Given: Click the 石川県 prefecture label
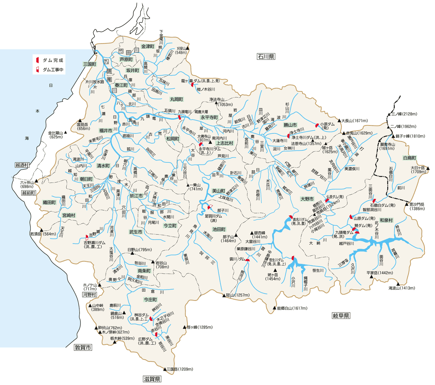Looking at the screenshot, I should coord(266,57).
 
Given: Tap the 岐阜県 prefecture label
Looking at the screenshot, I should coord(341,316).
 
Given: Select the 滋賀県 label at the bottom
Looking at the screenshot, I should coord(152,379).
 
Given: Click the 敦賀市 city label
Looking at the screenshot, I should coord(83,348).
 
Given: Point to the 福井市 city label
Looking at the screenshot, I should coord(105,131).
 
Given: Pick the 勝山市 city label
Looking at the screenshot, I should coord(290,125).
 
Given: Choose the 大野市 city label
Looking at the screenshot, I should coord(307,199).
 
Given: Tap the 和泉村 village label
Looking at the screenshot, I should coord(386,220).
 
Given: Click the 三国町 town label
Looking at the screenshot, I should coord(89,64).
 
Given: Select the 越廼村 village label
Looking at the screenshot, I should coord(22,165).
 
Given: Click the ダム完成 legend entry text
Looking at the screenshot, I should coord(53,60).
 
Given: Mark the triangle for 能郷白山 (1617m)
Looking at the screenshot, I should coord(274,308).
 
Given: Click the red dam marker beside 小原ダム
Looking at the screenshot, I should coord(317,125).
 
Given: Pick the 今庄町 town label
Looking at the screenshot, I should coord(150,299).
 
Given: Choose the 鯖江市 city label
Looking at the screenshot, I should coord(137,195).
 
